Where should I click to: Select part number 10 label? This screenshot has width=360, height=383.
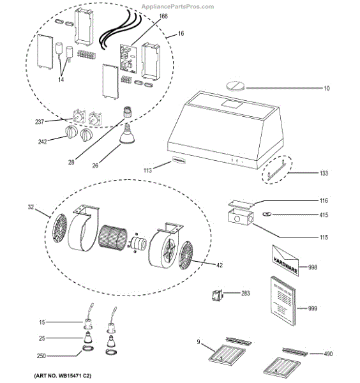[326, 87]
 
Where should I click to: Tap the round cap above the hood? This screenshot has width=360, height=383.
[234, 85]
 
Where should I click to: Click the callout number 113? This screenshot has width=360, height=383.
[147, 170]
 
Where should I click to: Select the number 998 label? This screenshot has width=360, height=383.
[313, 267]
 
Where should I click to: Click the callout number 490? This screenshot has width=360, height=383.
[327, 353]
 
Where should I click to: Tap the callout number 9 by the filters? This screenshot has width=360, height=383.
[199, 343]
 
